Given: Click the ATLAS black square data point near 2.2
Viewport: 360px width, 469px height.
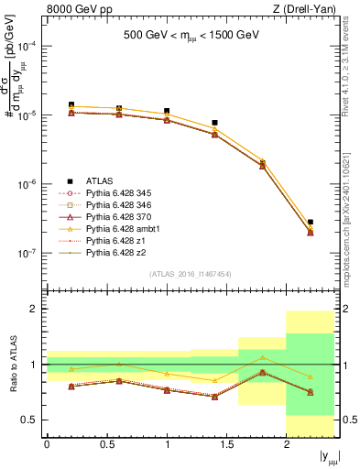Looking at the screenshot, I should tap(311, 223).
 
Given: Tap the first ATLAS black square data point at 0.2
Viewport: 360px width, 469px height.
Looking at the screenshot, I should tap(71, 105).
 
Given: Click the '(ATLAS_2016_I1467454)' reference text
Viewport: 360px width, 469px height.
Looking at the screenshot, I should tap(191, 273).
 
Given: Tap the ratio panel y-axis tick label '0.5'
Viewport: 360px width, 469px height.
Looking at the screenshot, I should tap(30, 420).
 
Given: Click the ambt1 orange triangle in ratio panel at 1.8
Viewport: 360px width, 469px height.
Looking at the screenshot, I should tap(263, 357).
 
